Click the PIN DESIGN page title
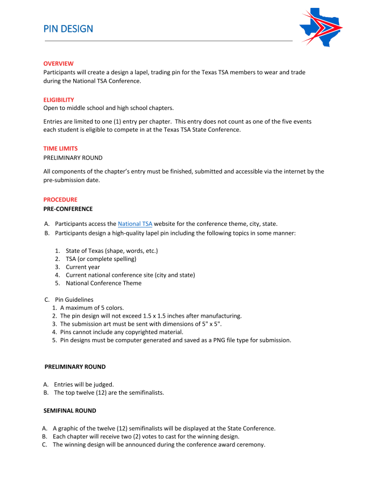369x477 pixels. pos(68,29)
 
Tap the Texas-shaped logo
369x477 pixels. pos(320,26)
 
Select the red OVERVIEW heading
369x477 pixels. pos(58,64)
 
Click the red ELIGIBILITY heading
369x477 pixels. pos(58,100)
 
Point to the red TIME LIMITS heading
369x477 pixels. pos(60,149)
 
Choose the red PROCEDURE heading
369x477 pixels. pos(60,200)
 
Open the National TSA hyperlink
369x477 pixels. pos(135,224)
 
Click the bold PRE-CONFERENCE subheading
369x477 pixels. pos(68,209)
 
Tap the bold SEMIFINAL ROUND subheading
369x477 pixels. pos(70,410)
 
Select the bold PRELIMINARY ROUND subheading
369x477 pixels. pos(75,367)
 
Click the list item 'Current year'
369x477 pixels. pos(83,267)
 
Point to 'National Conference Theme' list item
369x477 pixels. pos(103,283)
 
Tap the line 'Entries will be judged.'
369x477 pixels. pos(84,384)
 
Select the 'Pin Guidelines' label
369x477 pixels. pos(74,299)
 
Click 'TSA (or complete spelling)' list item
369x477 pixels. pos(100,259)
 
